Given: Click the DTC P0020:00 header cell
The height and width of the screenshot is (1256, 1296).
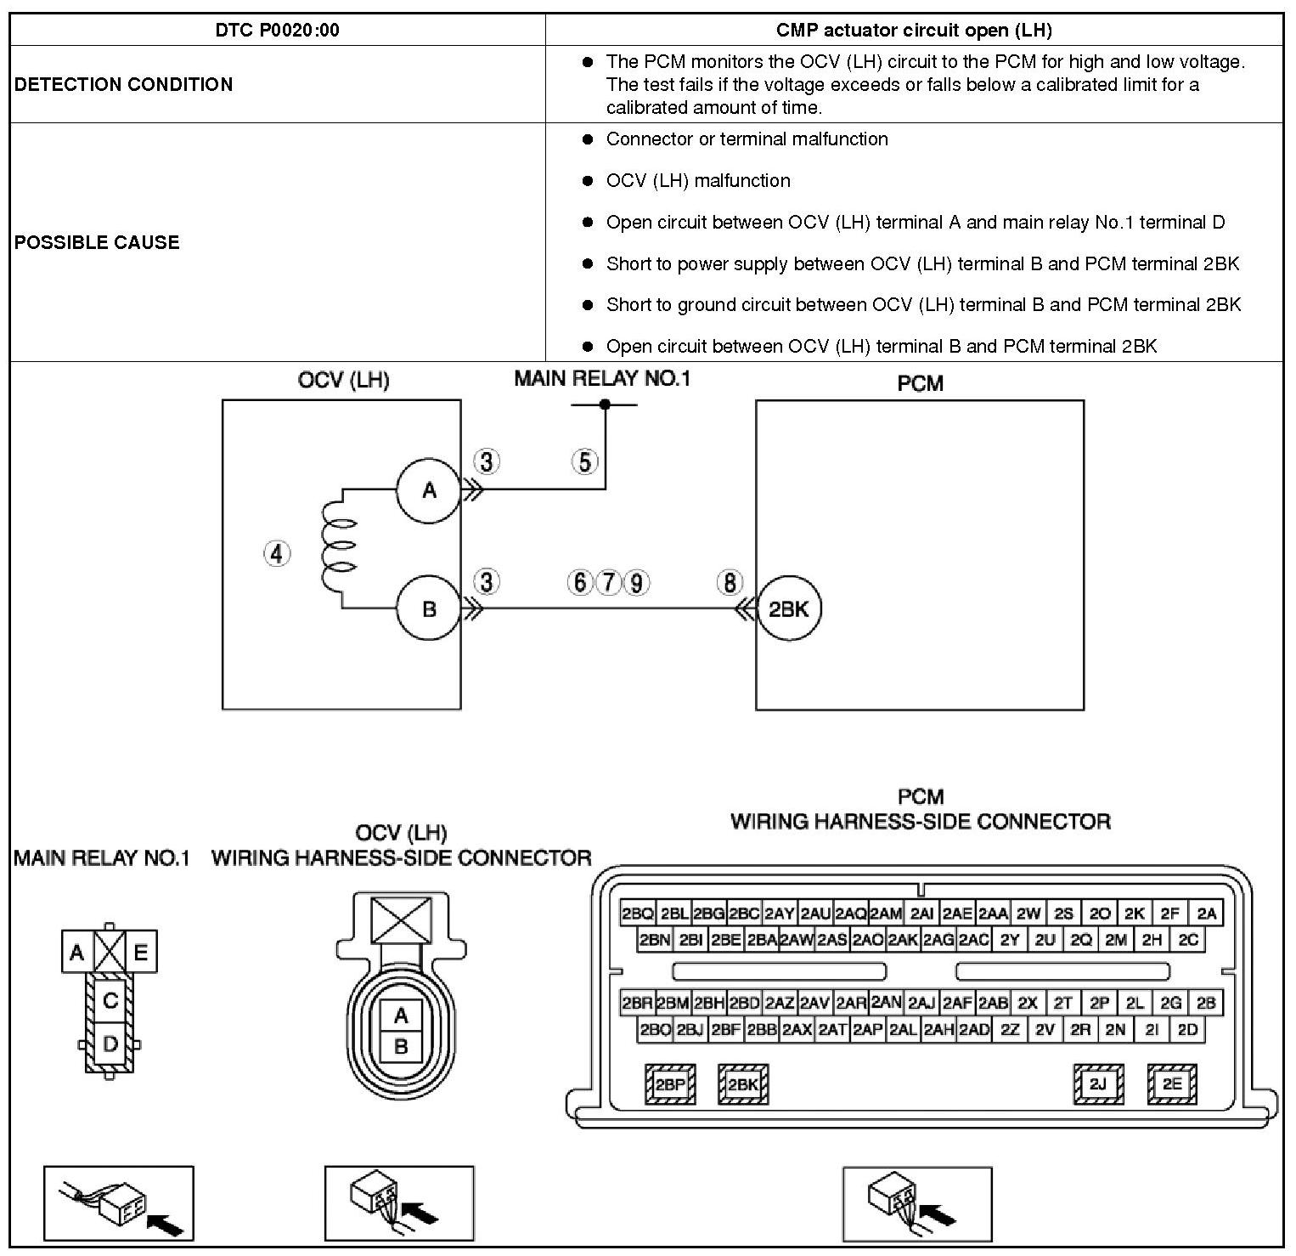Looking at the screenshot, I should (277, 31).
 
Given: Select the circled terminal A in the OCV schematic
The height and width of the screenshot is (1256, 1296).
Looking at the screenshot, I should (429, 489).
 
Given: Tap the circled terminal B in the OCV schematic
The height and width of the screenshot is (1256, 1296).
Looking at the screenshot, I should (429, 608).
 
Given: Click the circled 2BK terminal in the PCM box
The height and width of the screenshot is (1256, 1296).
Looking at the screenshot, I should (789, 608).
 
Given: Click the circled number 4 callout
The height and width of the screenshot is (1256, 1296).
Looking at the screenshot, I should (277, 554).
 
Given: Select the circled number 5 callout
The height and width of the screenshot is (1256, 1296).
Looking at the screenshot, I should (585, 462).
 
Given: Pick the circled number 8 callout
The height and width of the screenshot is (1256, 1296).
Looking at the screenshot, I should (730, 583).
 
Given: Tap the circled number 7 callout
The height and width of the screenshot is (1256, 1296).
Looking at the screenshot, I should (608, 583).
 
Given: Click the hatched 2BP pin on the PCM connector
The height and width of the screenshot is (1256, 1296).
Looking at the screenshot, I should (670, 1084).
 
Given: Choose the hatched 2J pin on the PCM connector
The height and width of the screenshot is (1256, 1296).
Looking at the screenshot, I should (1098, 1084).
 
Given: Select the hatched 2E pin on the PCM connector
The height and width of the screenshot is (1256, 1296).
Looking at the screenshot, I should (1172, 1084).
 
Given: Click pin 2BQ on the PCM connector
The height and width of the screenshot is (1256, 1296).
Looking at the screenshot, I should (638, 914).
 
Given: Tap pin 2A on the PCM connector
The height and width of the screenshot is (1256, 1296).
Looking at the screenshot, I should (1207, 914).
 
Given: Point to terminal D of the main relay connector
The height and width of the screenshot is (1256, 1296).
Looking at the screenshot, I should (110, 1043).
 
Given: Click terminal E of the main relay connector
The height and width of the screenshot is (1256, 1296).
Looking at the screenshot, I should (141, 953).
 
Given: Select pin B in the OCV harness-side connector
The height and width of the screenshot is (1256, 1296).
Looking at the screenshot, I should (401, 1047).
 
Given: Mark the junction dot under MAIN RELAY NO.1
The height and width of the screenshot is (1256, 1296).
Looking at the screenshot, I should (605, 405).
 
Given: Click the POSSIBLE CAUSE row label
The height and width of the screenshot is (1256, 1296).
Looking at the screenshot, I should (97, 242).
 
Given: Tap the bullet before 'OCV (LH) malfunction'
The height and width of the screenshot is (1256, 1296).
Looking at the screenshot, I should (587, 181).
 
